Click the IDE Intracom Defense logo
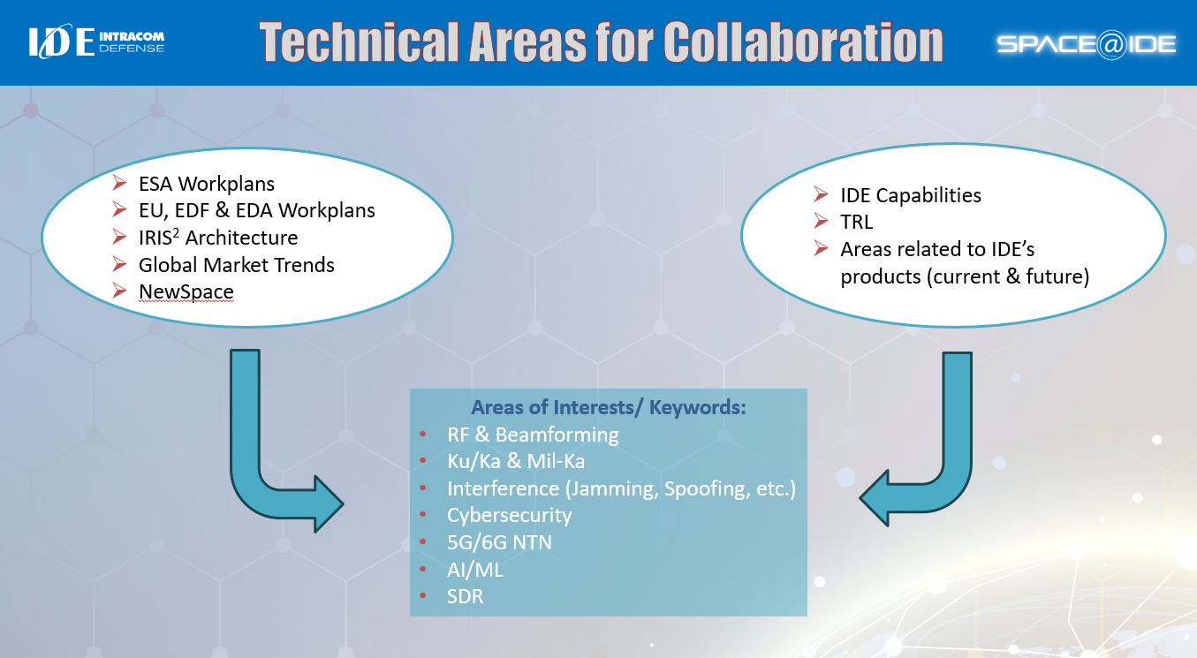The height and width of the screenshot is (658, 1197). pos(95,42)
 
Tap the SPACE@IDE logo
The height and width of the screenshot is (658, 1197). pos(1086,44)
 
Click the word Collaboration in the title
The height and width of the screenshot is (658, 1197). pos(803,42)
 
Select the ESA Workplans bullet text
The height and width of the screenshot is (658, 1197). pos(207,185)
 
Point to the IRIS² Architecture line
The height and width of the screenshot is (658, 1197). pos(218,238)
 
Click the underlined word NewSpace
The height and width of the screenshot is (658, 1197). pos(186,291)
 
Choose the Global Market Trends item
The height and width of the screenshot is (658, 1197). pos(236,264)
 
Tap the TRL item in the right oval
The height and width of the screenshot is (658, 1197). pos(857,223)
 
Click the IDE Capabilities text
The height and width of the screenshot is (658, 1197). pos(911,195)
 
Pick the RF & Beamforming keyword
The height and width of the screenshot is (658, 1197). pos(533,435)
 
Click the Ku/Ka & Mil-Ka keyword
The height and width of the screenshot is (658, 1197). pos(516,461)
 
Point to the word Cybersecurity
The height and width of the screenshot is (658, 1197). pos(510,515)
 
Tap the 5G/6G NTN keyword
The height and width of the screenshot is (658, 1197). pos(499,542)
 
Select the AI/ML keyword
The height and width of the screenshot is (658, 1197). pos(475,570)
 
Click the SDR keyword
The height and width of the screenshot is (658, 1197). pos(466,597)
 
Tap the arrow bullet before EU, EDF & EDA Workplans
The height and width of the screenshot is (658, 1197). pos(120,210)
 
